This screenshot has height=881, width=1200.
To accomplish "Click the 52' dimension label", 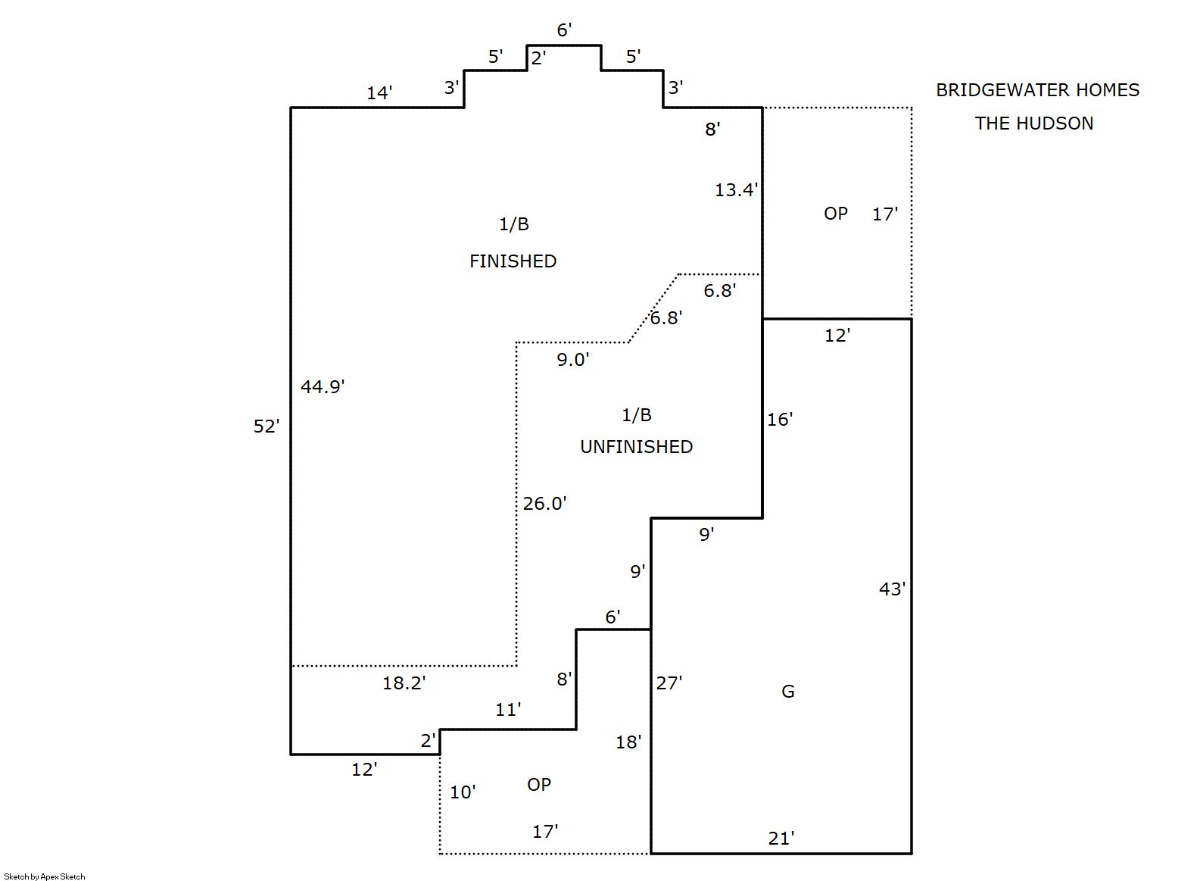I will [266, 426].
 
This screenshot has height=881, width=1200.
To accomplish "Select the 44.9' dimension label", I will [322, 387].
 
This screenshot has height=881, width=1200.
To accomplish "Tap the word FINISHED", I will [513, 261].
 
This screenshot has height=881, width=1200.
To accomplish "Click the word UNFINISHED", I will [636, 447].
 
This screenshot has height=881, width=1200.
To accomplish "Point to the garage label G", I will [787, 692].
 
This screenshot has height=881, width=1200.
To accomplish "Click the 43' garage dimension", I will [891, 589].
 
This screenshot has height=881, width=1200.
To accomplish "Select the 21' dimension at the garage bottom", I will [781, 839].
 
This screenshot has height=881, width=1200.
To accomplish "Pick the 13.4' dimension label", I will [735, 190].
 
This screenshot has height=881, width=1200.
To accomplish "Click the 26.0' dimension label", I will [544, 504].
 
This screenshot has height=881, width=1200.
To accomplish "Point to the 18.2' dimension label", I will [404, 683].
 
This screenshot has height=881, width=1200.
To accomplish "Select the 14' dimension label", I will [379, 93].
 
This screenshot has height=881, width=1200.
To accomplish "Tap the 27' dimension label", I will [669, 683].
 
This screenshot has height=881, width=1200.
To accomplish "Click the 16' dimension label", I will [779, 420].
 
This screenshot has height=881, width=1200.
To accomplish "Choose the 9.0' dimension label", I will [572, 360].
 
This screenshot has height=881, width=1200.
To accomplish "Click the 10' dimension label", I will [462, 792].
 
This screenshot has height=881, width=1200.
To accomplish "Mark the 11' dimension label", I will [507, 710].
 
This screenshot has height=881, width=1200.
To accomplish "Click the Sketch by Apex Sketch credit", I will [45, 876].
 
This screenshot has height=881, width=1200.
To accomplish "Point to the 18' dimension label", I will [628, 742].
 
